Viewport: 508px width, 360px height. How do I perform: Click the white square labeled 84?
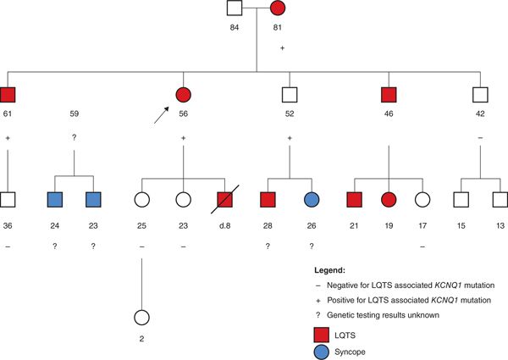(236, 11)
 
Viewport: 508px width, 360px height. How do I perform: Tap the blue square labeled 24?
(56, 202)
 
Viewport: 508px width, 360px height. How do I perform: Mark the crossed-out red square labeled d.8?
(224, 202)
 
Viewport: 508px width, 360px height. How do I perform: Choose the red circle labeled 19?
(389, 202)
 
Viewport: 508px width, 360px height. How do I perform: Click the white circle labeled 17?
(422, 202)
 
